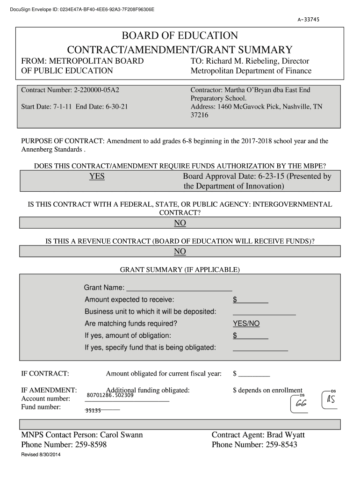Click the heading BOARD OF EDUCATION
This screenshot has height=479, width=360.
coord(180,36)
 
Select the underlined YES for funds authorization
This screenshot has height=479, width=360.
coord(97,176)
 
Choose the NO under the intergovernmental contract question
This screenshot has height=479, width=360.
coord(180,223)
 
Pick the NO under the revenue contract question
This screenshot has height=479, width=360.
coord(180,252)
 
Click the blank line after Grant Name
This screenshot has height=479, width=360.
coord(179,288)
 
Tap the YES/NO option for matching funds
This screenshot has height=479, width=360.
coord(246,324)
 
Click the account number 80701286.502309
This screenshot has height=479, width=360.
coord(110,395)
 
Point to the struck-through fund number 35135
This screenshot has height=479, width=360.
coord(93,410)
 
